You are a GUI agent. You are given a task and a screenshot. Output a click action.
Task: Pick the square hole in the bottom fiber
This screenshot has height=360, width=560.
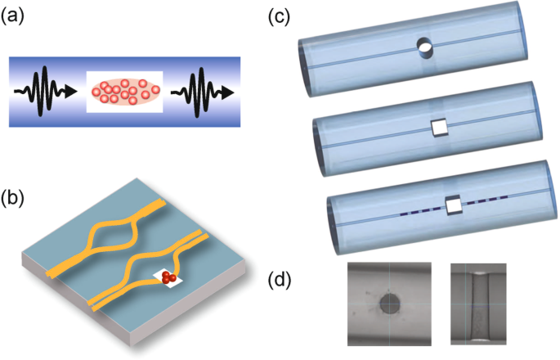pyautogui.click(x=453, y=205)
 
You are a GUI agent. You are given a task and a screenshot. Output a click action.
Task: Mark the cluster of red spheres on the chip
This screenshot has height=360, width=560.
pyautogui.click(x=170, y=279)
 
